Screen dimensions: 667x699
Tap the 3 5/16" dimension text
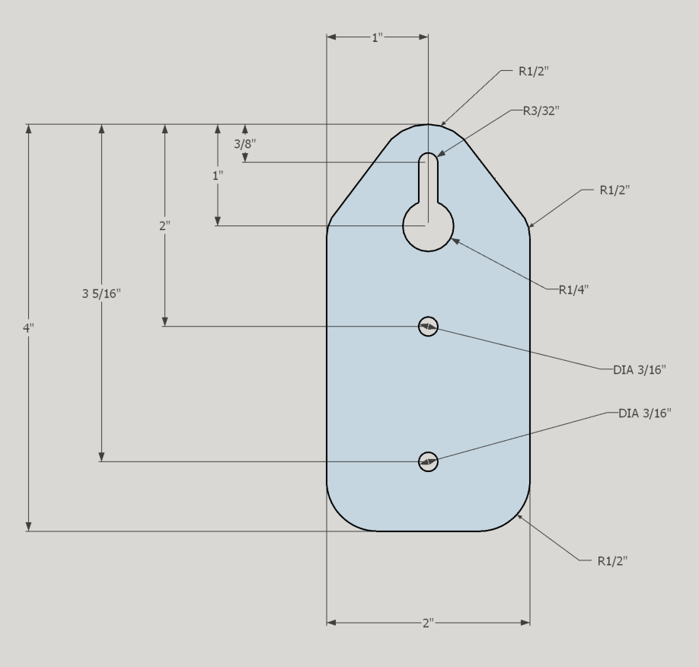[101, 294]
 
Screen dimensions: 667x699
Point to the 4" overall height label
[28, 327]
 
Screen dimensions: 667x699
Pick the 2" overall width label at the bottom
[428, 623]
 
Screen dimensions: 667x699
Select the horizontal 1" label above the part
[378, 37]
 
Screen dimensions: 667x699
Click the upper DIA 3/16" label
[640, 370]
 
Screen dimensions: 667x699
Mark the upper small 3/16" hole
[428, 327]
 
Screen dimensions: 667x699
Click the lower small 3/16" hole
[428, 461]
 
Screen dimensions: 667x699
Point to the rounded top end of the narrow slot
[428, 158]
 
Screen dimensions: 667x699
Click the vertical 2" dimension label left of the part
[165, 226]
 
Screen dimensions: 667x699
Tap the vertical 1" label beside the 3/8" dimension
[218, 174]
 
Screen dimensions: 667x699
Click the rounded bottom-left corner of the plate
[343, 515]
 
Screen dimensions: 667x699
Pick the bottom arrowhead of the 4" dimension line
[28, 526]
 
